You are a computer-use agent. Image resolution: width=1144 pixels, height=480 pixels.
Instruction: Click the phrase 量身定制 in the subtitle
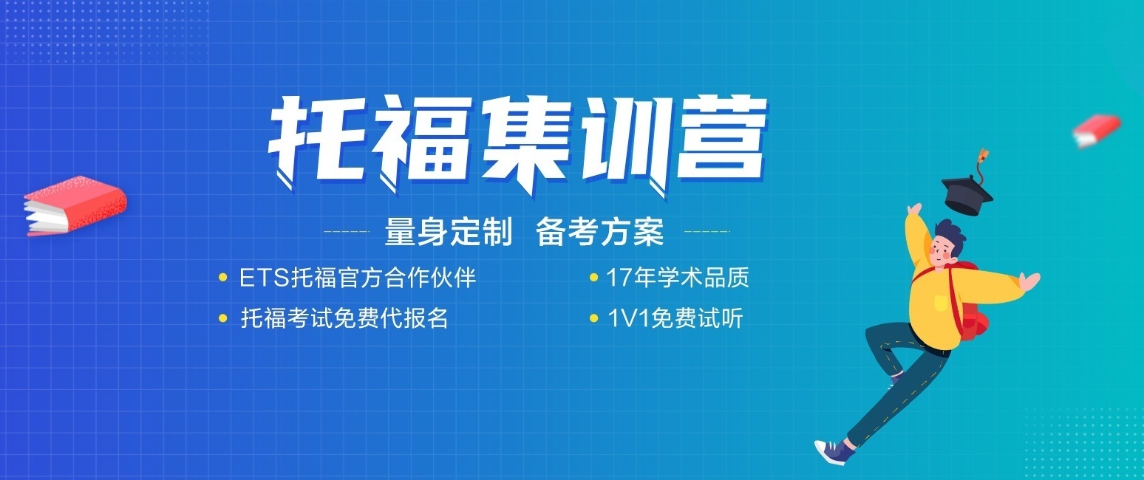[448, 233]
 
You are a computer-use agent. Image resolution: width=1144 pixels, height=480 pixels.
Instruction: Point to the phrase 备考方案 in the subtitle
[600, 233]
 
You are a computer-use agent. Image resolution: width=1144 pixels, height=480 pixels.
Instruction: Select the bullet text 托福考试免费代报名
[344, 318]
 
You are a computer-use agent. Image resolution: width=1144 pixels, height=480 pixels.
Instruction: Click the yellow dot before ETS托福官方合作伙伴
[223, 278]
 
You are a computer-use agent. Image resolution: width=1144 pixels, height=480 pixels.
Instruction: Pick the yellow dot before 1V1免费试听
[593, 319]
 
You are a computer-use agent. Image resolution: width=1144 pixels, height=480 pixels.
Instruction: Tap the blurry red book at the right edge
[1097, 130]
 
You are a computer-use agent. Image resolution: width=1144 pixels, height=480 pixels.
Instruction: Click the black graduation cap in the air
[967, 193]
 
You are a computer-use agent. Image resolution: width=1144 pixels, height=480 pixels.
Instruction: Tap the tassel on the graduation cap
[984, 157]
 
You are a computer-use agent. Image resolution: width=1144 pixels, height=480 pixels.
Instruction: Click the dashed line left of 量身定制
[347, 232]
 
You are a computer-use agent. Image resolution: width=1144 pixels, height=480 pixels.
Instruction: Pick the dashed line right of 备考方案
[707, 232]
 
